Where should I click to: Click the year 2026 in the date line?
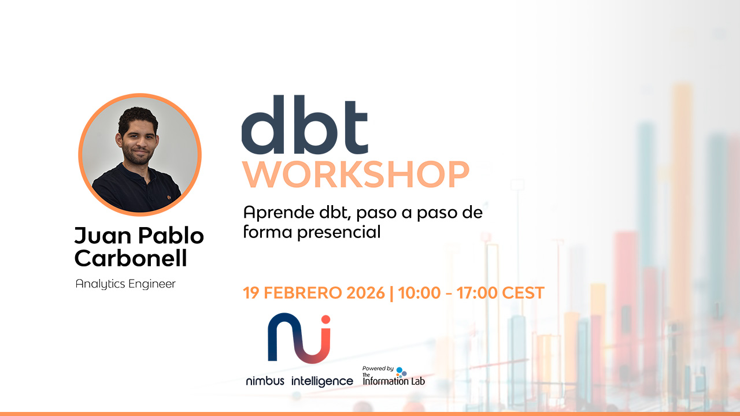(365, 293)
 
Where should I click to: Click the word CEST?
(523, 293)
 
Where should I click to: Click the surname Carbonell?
(131, 258)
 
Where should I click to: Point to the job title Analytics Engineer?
(125, 284)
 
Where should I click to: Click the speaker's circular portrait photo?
(140, 155)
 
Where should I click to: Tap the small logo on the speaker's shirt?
(169, 198)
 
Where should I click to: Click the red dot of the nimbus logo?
(325, 320)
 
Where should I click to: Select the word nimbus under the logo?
(265, 381)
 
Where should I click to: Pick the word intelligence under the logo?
(322, 381)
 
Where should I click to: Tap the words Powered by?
(378, 369)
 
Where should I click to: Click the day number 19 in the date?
(250, 293)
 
